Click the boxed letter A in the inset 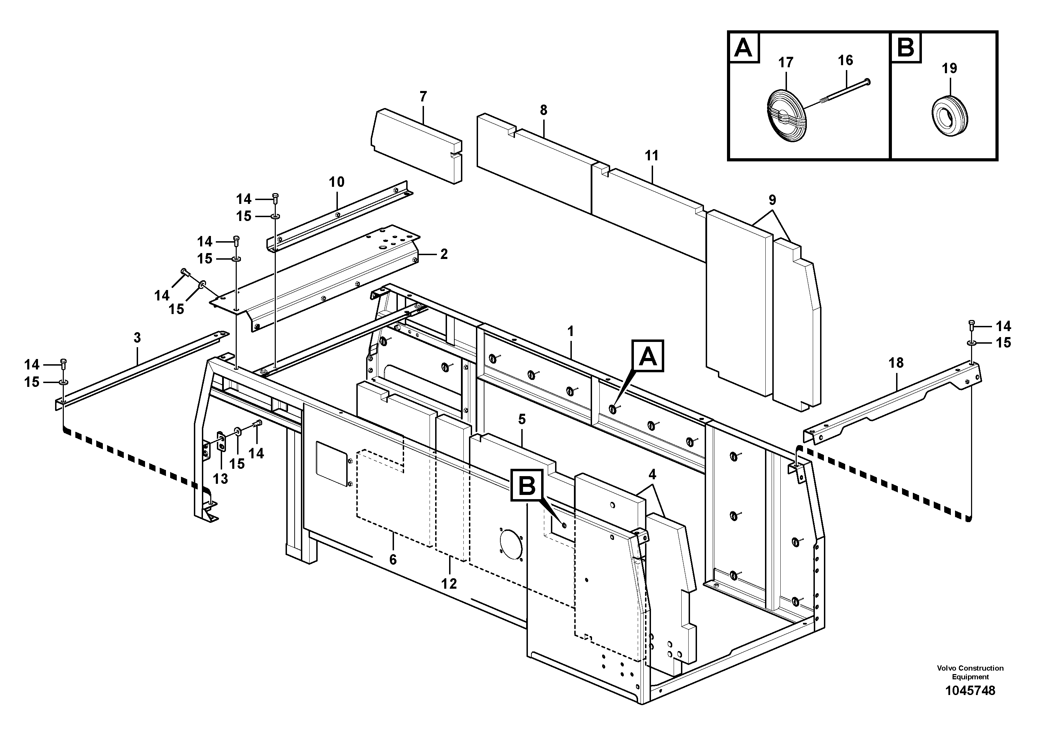pyautogui.click(x=744, y=47)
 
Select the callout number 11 pyautogui.click(x=651, y=156)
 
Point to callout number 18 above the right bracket pyautogui.click(x=896, y=362)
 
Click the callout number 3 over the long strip pyautogui.click(x=137, y=338)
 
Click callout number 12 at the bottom pyautogui.click(x=449, y=583)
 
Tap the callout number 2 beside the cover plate pyautogui.click(x=444, y=254)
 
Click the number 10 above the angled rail pyautogui.click(x=336, y=182)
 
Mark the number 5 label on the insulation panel pyautogui.click(x=522, y=419)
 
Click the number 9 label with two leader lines pyautogui.click(x=772, y=200)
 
